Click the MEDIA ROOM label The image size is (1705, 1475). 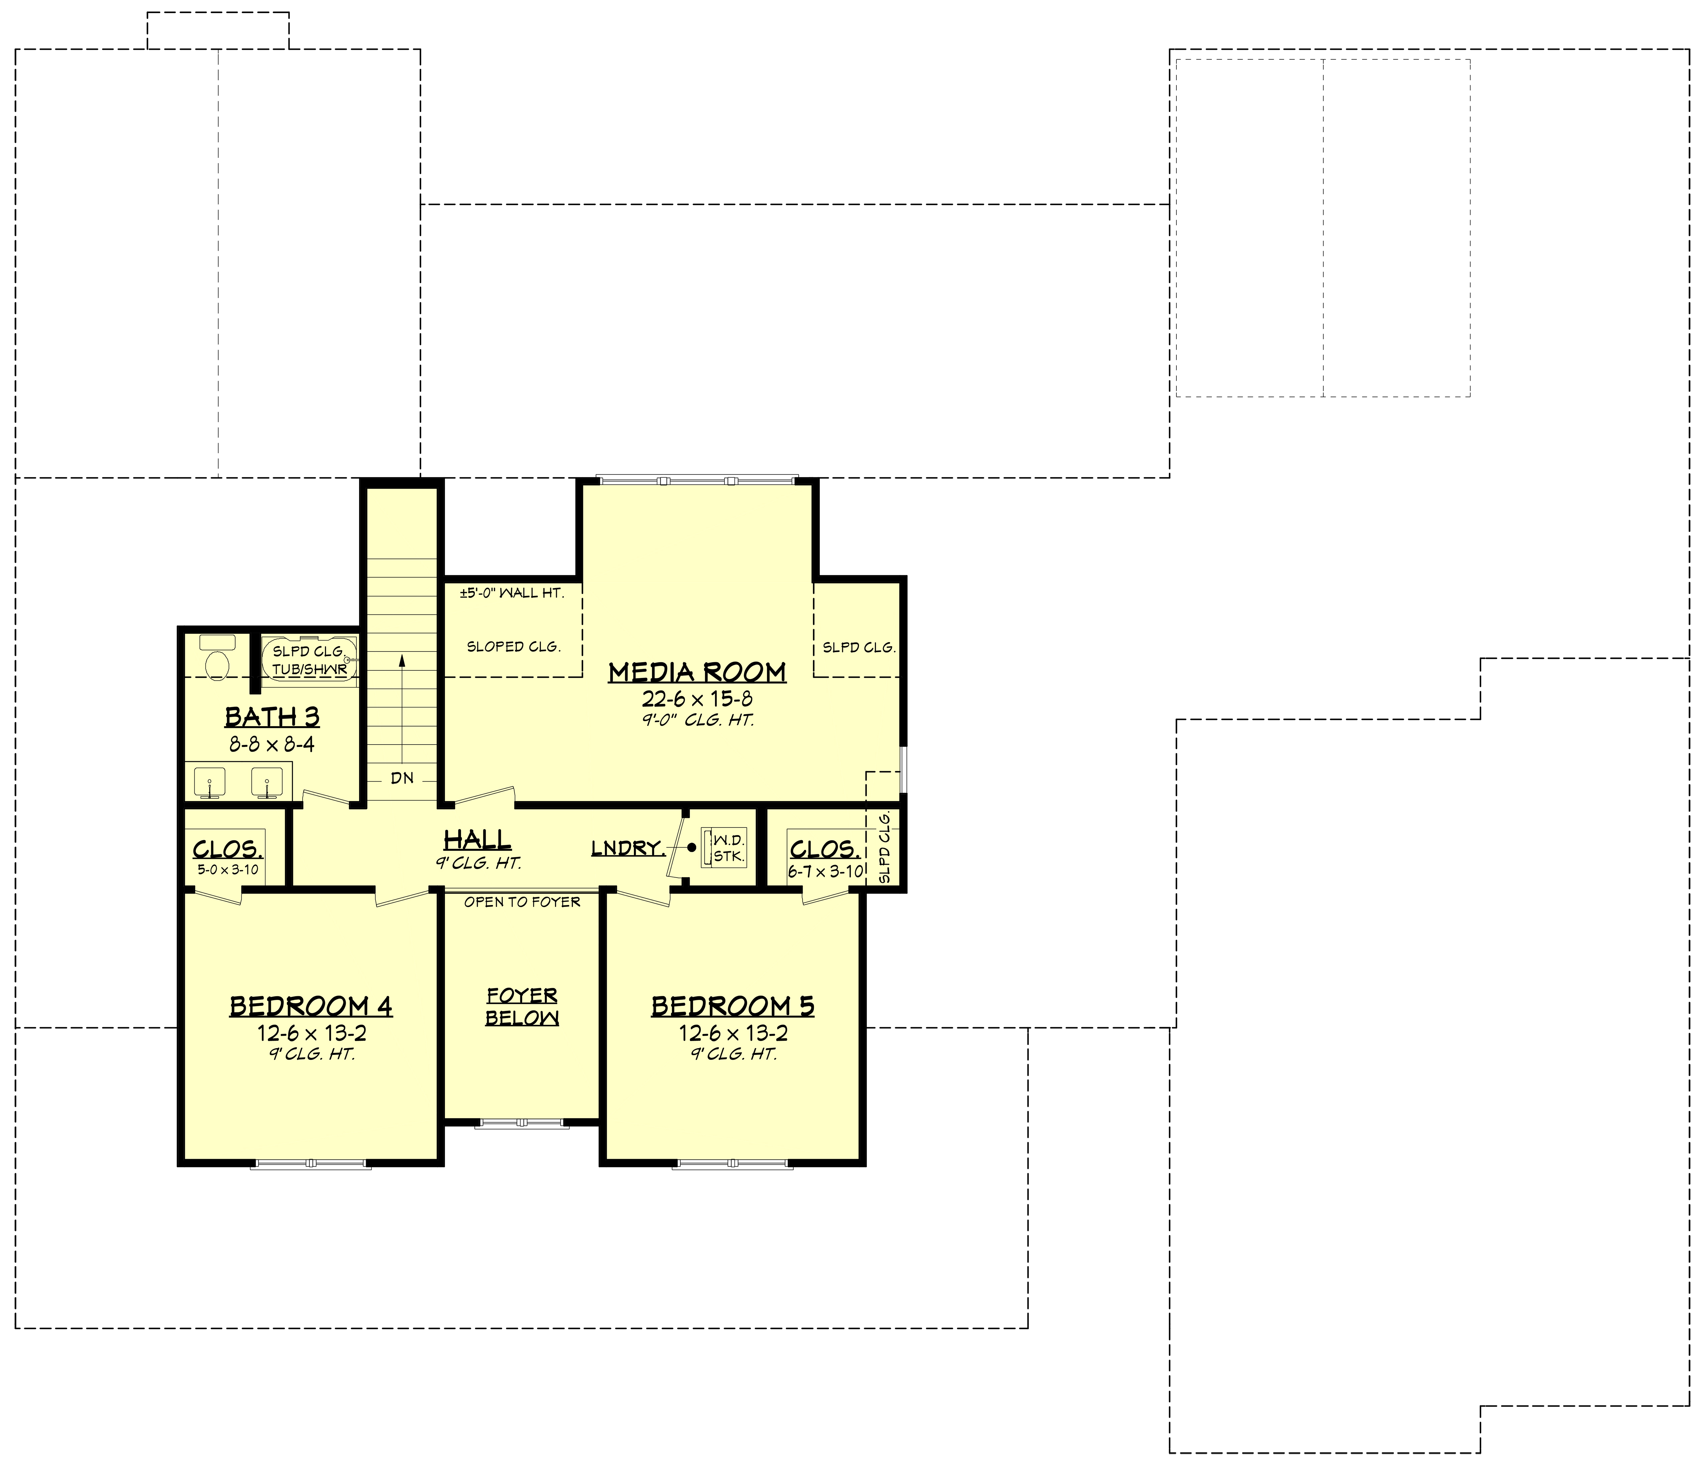click(697, 672)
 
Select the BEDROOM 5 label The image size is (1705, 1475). click(732, 1006)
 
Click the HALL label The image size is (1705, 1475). click(477, 839)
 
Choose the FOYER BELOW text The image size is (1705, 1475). click(522, 1007)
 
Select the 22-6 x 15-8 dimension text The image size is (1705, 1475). click(697, 699)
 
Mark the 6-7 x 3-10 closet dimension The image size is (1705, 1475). click(824, 871)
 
